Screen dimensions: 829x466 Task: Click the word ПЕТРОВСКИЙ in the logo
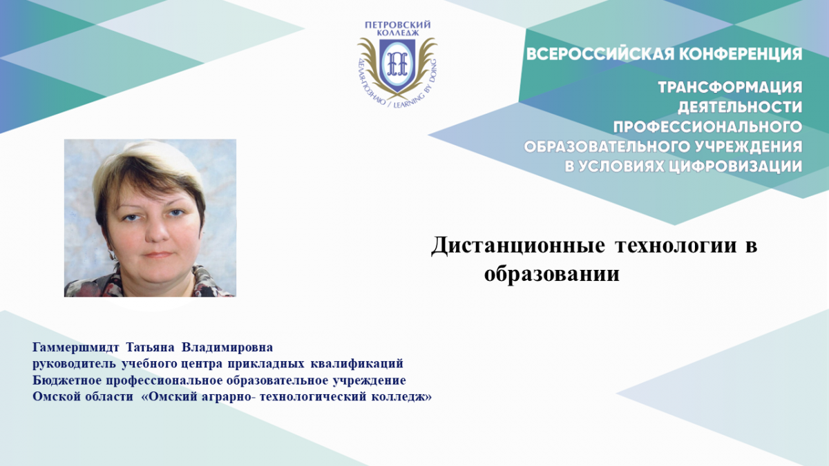(x=397, y=25)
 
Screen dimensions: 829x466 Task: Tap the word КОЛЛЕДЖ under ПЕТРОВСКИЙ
(x=398, y=33)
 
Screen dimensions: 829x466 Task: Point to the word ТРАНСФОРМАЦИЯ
(x=730, y=88)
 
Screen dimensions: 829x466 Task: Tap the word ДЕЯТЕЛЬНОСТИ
(x=740, y=107)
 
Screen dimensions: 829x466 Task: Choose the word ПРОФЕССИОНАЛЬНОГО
(x=707, y=127)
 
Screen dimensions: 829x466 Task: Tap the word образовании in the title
(x=552, y=274)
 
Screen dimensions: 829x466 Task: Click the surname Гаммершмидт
(x=76, y=347)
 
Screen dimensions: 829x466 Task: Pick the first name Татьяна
(x=150, y=347)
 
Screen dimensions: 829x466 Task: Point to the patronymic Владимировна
(x=227, y=347)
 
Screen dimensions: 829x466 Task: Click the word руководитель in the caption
(x=74, y=364)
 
